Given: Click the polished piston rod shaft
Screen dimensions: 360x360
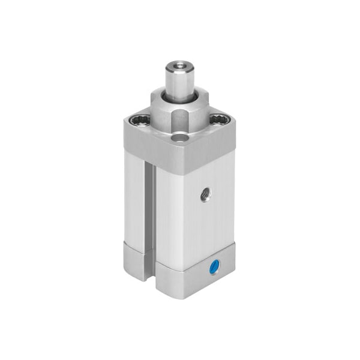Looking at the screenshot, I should click(179, 84).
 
